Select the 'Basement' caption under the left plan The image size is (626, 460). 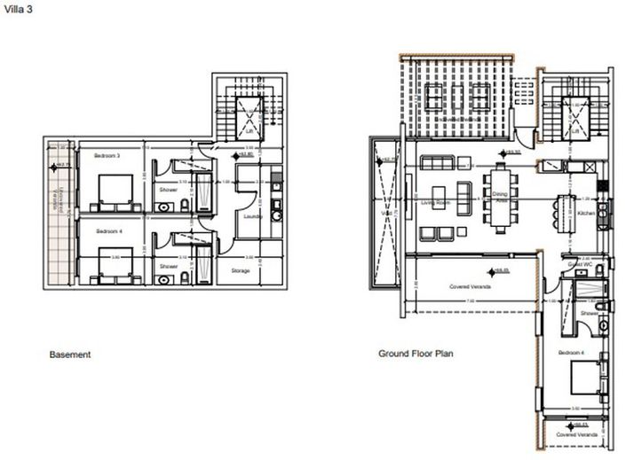tap(69, 355)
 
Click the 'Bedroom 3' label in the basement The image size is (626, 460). tap(107, 156)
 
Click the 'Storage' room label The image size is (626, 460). tap(240, 270)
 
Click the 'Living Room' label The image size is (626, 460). tap(436, 202)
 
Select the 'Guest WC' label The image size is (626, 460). tap(580, 264)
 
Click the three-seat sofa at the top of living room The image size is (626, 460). tap(437, 163)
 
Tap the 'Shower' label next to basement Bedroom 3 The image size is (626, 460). tap(168, 190)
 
